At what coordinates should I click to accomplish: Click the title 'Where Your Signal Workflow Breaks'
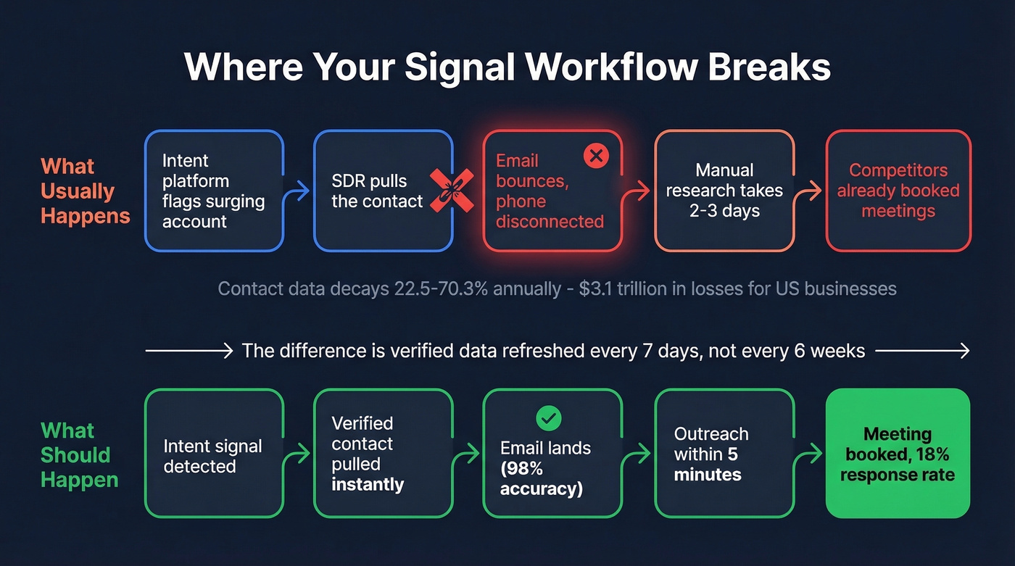pyautogui.click(x=507, y=67)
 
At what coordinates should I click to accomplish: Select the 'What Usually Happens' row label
pyautogui.click(x=85, y=191)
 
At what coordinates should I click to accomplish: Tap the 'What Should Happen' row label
pyautogui.click(x=79, y=455)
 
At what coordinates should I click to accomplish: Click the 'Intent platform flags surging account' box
pyautogui.click(x=214, y=191)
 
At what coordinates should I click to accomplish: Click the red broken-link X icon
pyautogui.click(x=452, y=191)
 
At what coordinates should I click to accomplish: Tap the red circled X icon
pyautogui.click(x=596, y=155)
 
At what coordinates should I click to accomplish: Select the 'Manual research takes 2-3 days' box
pyautogui.click(x=724, y=191)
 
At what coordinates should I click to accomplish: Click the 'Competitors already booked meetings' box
pyautogui.click(x=898, y=191)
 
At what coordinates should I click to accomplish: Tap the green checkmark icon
pyautogui.click(x=548, y=417)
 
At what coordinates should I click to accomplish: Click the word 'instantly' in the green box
pyautogui.click(x=368, y=484)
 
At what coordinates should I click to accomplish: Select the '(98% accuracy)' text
pyautogui.click(x=542, y=478)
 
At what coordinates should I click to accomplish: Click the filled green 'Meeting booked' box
pyautogui.click(x=898, y=454)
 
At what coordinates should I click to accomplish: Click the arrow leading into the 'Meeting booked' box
pyautogui.click(x=808, y=455)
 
